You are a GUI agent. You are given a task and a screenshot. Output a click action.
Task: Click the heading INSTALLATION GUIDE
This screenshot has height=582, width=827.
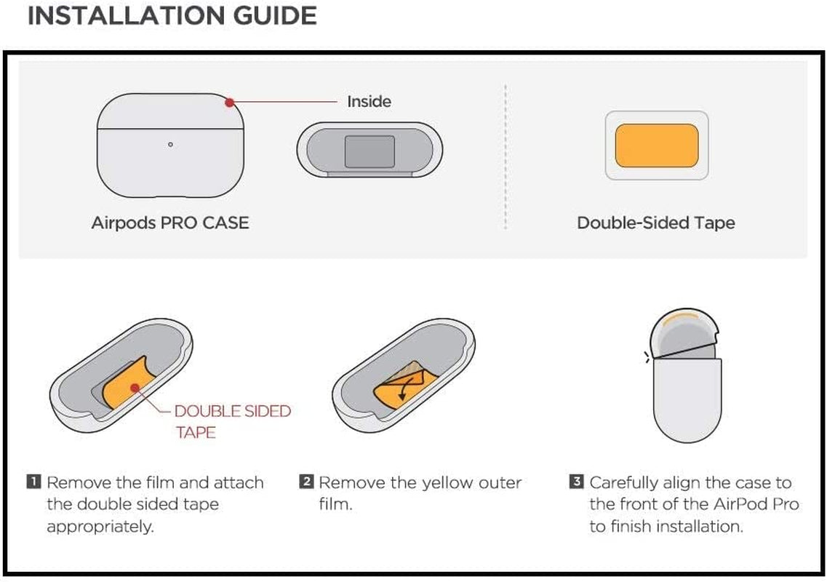tap(172, 15)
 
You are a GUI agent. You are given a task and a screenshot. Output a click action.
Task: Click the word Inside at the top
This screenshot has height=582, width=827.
tap(369, 102)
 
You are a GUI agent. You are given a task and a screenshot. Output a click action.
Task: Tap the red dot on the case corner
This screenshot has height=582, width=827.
tap(229, 102)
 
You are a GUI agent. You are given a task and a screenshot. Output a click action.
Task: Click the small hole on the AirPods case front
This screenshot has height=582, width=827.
tap(170, 144)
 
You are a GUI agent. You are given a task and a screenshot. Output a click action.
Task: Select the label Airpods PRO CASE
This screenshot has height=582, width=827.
tap(169, 223)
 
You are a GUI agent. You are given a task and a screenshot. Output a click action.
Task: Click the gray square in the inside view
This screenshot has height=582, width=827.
tap(369, 151)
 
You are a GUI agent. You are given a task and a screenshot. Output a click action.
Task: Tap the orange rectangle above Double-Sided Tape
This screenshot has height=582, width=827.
tap(657, 145)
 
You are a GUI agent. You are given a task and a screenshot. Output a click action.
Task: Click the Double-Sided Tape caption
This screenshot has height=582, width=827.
tap(655, 223)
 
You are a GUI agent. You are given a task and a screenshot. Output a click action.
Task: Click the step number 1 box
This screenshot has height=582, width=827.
tap(34, 482)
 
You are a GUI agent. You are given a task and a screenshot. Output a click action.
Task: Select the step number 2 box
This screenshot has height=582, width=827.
tap(307, 482)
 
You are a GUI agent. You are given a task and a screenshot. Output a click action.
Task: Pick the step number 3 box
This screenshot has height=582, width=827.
tap(577, 482)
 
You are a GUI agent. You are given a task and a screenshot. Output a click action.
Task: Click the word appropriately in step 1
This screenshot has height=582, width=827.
tap(100, 526)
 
